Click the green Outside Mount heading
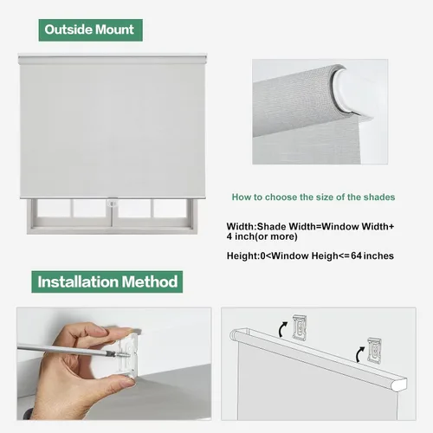point(90,30)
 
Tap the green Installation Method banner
point(107,281)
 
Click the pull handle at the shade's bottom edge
point(113,202)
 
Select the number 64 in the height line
point(356,255)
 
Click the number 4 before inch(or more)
point(229,236)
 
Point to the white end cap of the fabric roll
point(351,91)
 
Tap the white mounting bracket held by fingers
point(127,358)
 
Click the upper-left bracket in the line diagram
point(300,326)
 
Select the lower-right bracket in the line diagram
point(374,351)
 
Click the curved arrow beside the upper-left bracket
point(282,329)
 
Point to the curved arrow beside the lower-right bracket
point(359,354)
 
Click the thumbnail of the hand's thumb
point(126,382)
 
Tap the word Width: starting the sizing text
point(242,227)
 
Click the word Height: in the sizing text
point(243,255)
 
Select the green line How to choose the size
point(313,197)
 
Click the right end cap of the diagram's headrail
point(401,384)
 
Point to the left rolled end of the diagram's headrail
point(235,335)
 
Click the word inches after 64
point(378,255)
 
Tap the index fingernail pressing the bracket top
point(133,331)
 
